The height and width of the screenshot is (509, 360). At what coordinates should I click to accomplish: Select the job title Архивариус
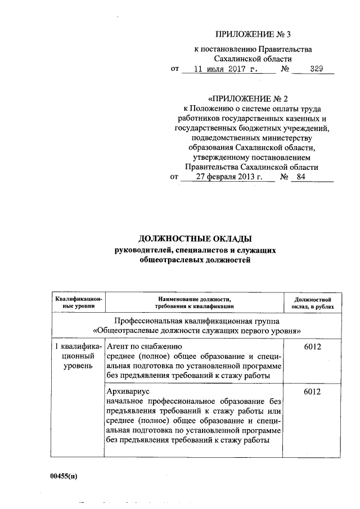point(128,390)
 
